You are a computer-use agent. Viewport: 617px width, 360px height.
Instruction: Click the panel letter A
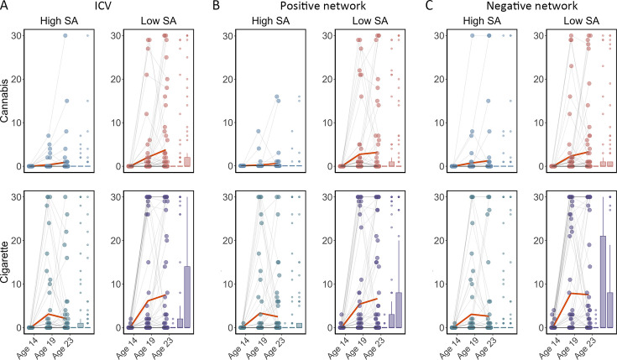pyautogui.click(x=7, y=7)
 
